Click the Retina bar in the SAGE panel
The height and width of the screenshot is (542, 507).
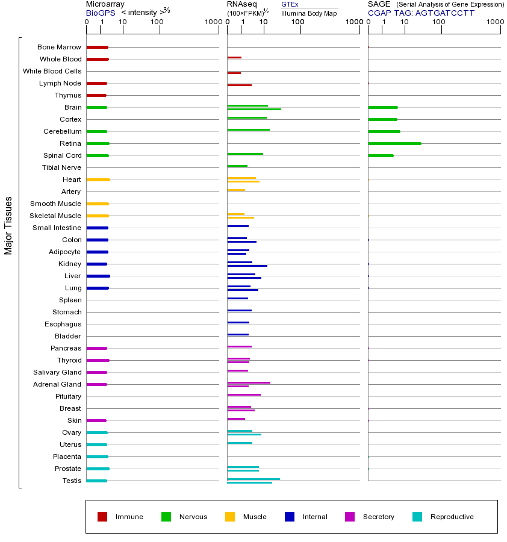point(394,143)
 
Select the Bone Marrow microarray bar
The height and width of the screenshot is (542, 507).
point(97,47)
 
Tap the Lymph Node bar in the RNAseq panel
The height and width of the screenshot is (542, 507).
point(239,85)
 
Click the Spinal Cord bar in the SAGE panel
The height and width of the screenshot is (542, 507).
point(381,155)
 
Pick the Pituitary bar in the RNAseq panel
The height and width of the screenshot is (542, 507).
point(244,394)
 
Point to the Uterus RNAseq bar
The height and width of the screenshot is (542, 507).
point(240,443)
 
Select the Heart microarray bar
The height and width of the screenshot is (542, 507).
point(98,179)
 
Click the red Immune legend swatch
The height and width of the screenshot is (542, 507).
point(102,517)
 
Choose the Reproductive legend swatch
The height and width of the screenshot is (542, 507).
point(417,517)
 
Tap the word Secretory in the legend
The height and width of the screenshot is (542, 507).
point(378,517)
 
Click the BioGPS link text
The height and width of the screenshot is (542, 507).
point(99,12)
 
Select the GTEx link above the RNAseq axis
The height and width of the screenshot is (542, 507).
point(290,4)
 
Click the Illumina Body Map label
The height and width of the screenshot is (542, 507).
point(309,13)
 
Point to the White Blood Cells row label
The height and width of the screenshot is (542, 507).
point(52,71)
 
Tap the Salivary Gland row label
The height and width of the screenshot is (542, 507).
point(57,372)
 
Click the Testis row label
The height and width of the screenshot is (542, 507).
point(71,481)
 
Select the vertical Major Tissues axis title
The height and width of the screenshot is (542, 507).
point(8,225)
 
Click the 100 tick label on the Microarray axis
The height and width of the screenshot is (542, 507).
point(157,22)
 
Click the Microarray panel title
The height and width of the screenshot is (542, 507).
point(105,4)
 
